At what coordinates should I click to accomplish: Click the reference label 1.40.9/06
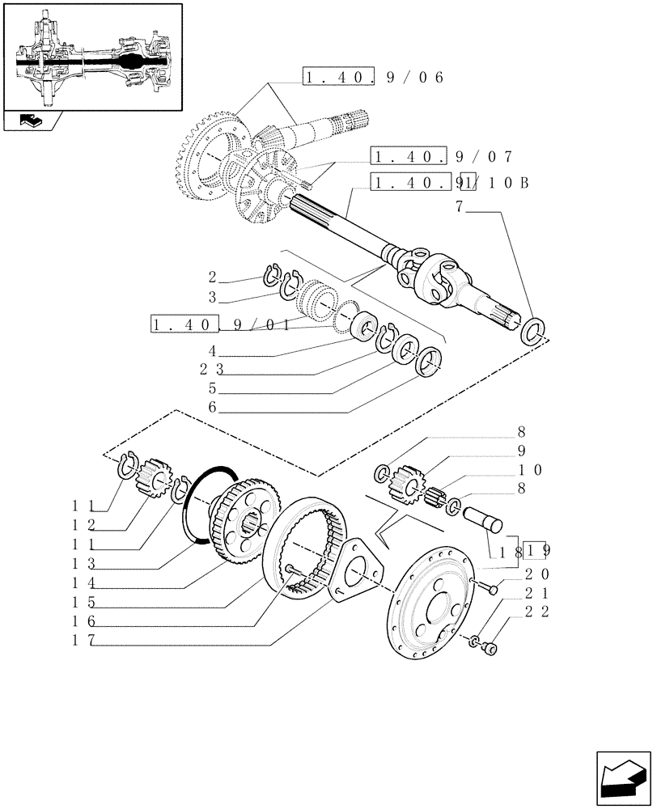374,78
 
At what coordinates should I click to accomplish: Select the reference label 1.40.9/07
441,156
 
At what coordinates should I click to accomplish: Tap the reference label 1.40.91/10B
450,183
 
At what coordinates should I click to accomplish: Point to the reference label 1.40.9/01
220,325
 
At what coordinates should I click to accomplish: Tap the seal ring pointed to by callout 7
533,330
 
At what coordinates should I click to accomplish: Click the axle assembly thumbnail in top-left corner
91,57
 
